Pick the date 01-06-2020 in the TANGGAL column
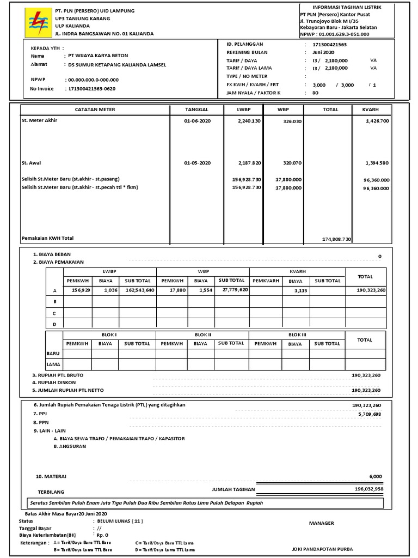point(197,120)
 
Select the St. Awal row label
point(31,163)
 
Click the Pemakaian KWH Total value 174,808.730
point(337,239)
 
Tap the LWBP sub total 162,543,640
point(139,290)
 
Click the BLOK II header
point(202,335)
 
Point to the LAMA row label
point(53,364)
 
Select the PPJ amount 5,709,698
point(370,415)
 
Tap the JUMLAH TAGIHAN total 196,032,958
point(368,489)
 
